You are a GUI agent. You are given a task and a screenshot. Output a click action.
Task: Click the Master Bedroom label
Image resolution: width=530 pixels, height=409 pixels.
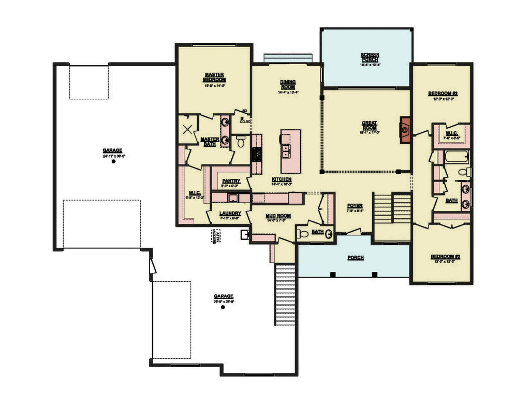[x=214, y=78]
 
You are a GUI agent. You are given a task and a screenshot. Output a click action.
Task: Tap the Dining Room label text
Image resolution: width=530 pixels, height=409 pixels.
[x=288, y=84]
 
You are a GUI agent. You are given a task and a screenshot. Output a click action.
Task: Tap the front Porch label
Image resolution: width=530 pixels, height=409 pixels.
[x=355, y=257]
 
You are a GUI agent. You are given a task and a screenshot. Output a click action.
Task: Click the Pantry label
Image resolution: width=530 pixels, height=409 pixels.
[x=229, y=181]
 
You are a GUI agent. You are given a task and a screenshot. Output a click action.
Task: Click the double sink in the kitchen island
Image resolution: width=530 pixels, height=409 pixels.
[x=285, y=151]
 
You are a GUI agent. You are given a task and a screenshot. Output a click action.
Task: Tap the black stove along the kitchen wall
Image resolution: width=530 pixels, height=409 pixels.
[x=255, y=154]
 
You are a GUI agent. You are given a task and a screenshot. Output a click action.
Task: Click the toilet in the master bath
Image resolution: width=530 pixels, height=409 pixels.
[x=241, y=141]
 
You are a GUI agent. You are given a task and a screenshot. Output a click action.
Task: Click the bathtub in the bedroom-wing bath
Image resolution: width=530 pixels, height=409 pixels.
[x=456, y=157]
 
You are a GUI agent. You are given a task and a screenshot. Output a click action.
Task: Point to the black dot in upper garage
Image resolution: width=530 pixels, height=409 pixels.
[x=113, y=161]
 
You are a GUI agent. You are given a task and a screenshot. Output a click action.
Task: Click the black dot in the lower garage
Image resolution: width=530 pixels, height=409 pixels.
[x=223, y=307]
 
